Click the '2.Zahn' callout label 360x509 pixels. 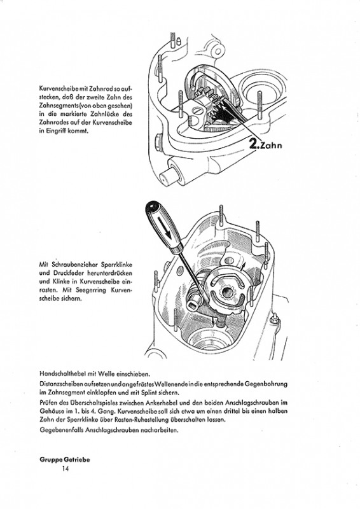tap(265, 144)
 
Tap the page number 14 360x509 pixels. tap(66, 468)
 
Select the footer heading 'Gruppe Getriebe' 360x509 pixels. tap(65, 459)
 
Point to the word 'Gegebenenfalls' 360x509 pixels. tap(57, 431)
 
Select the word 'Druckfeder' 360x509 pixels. tap(64, 273)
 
